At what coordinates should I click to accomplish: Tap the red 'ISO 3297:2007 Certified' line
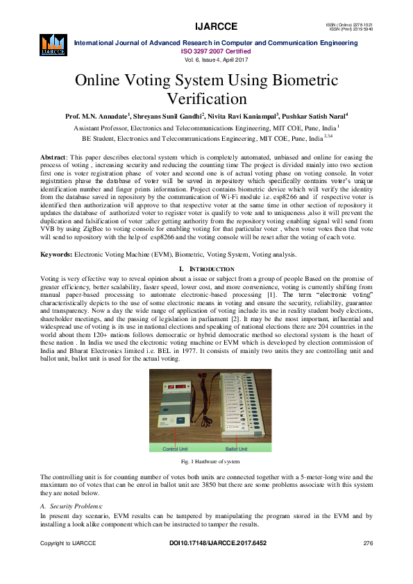click(x=216, y=51)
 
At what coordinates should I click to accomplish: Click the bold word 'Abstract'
click(x=53, y=158)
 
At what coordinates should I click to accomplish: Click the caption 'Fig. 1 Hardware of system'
click(x=207, y=461)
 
